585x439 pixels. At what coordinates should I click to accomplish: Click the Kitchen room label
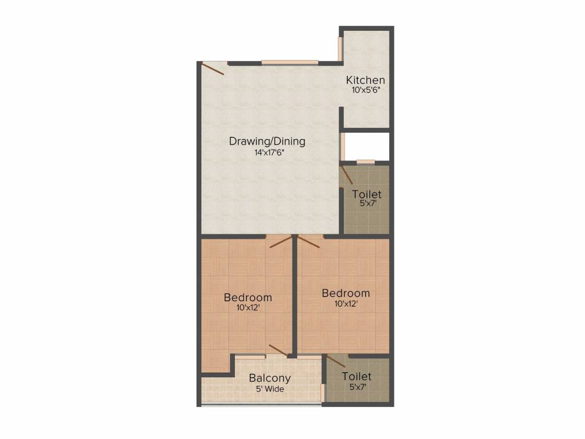point(366,80)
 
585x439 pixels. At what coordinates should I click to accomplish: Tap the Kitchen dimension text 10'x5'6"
point(366,90)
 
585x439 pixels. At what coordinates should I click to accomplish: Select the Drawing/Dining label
point(267,141)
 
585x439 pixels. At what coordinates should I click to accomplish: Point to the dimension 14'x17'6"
point(267,152)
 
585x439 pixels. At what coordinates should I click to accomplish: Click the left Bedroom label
point(247,297)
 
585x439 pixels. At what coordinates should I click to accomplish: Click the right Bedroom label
point(346,293)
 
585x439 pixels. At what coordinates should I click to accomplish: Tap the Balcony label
point(270,378)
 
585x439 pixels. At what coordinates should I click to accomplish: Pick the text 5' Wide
point(270,389)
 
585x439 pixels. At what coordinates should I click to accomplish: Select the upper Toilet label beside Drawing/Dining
point(366,195)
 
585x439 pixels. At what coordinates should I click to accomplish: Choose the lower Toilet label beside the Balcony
point(356,376)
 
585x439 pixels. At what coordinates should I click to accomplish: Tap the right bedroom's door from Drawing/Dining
point(308,242)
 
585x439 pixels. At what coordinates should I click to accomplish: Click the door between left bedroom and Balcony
point(278,350)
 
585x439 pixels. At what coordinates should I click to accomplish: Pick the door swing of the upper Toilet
point(347,174)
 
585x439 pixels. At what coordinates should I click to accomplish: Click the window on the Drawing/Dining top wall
point(290,62)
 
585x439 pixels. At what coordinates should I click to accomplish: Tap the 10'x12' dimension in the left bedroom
point(247,308)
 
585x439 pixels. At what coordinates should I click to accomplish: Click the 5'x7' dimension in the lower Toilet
point(356,387)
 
